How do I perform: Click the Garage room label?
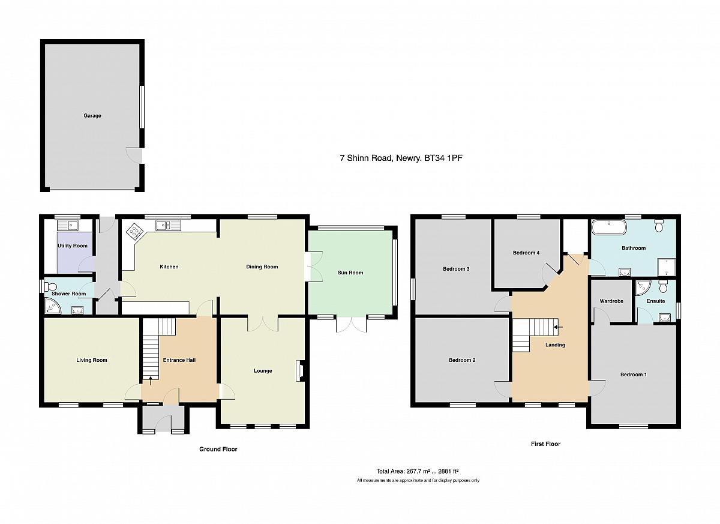pyautogui.click(x=92, y=116)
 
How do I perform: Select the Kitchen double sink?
pyautogui.click(x=169, y=225)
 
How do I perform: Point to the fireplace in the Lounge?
pyautogui.click(x=299, y=371)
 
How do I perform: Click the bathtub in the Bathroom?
pyautogui.click(x=609, y=227)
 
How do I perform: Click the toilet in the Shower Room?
pyautogui.click(x=50, y=286)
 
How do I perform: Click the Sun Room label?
pyautogui.click(x=350, y=273)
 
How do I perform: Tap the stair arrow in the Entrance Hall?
pyautogui.click(x=151, y=381)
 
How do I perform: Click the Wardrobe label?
pyautogui.click(x=611, y=301)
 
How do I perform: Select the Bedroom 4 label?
pyautogui.click(x=526, y=253)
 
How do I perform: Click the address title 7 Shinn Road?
pyautogui.click(x=401, y=158)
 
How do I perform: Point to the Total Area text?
pyautogui.click(x=417, y=472)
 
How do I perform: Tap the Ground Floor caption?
pyautogui.click(x=218, y=449)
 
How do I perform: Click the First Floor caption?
pyautogui.click(x=545, y=444)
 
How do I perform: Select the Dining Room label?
pyautogui.click(x=262, y=267)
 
